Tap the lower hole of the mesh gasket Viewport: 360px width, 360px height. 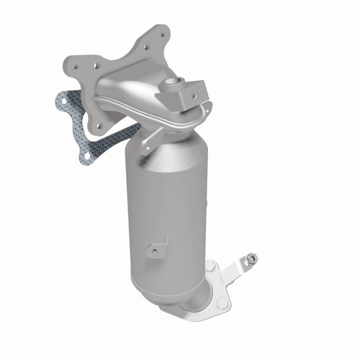86,155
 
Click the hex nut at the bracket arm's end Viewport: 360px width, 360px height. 249,258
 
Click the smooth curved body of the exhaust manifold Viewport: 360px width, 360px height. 133,94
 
